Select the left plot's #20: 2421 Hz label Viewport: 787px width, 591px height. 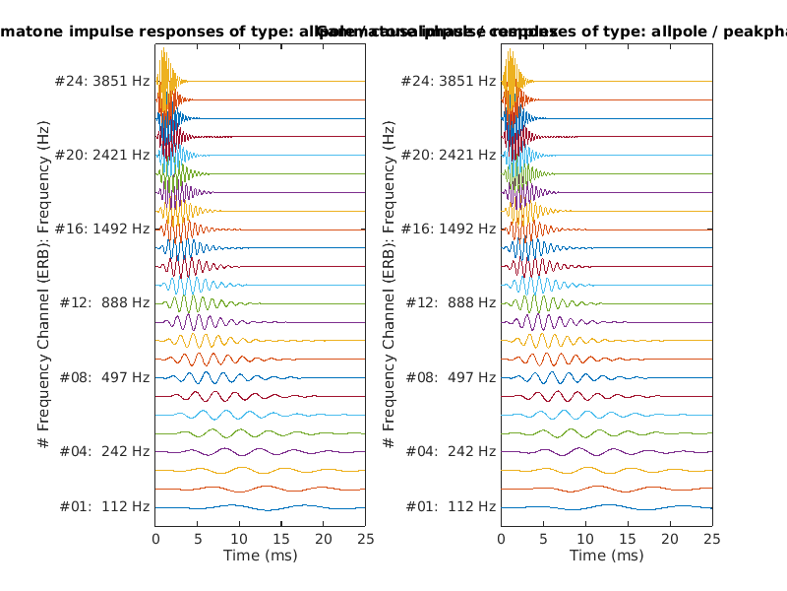(x=102, y=155)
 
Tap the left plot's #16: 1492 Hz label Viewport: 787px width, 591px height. (x=102, y=229)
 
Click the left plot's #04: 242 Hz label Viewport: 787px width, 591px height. (x=105, y=451)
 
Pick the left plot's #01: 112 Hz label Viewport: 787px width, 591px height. (x=105, y=506)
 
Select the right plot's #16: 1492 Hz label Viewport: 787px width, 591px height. (x=449, y=229)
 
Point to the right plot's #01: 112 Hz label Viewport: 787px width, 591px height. (x=452, y=506)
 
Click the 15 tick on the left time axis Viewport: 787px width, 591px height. (x=281, y=539)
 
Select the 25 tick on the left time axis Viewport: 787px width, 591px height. (x=365, y=539)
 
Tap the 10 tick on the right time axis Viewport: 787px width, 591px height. (x=585, y=539)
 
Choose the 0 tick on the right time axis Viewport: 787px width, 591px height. (x=502, y=539)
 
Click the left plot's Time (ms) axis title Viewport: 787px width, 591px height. (x=260, y=556)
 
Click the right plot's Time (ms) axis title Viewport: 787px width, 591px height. (x=606, y=556)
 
